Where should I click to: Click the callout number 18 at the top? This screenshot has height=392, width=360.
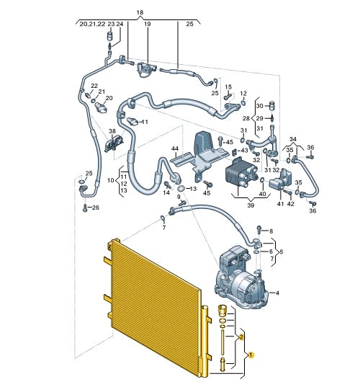[140, 13]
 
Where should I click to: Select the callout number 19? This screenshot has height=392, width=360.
[148, 24]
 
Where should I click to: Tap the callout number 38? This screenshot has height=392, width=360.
[112, 131]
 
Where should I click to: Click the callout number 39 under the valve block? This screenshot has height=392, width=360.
[251, 206]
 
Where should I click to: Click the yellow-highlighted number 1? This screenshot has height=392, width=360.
[251, 355]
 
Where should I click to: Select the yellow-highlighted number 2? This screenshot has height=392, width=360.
[242, 337]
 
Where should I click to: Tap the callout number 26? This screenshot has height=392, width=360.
[96, 208]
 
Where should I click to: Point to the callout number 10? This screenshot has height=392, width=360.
[111, 179]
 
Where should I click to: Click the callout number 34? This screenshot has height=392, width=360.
[292, 138]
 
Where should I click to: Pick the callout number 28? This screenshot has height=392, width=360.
[246, 118]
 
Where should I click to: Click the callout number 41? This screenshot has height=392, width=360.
[281, 204]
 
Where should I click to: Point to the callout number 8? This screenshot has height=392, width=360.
[271, 231]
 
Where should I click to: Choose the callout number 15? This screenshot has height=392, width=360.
[228, 87]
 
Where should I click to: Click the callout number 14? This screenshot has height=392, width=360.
[166, 193]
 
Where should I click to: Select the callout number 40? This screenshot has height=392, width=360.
[262, 193]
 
